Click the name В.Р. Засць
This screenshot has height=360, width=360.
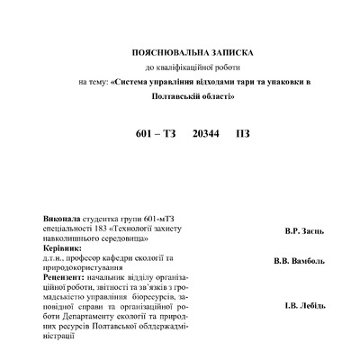305,231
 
